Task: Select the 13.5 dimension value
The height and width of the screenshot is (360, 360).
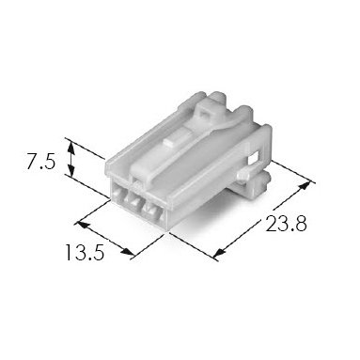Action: (x=85, y=253)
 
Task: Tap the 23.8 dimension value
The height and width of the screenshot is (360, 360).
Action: (x=286, y=224)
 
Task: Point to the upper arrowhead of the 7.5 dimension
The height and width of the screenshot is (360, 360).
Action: (x=71, y=147)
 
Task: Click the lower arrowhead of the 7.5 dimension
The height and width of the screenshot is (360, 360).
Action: (x=71, y=170)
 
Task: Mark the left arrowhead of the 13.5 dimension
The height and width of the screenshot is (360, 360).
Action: (x=82, y=226)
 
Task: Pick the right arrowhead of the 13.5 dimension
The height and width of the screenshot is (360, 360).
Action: (x=127, y=252)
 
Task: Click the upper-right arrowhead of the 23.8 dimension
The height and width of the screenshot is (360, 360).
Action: (x=305, y=185)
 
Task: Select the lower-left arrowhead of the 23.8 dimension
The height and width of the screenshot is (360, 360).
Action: (x=220, y=252)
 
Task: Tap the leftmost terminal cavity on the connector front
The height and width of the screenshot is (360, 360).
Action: (x=118, y=192)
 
